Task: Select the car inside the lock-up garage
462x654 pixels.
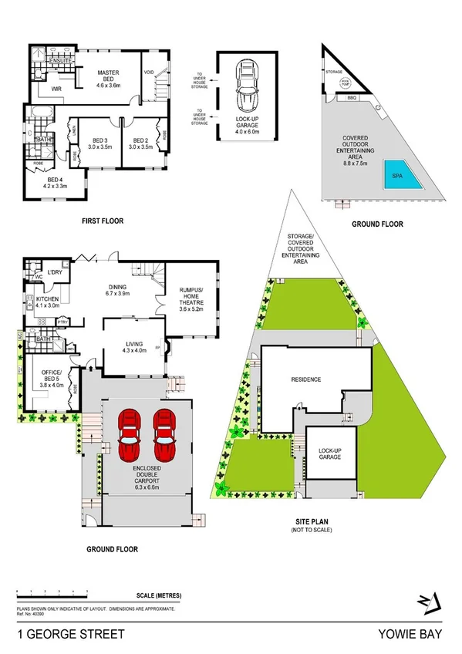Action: (x=248, y=89)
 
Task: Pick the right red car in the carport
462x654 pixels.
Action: (x=164, y=433)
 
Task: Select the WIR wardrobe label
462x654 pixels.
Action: (x=56, y=89)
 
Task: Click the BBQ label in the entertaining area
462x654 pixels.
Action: (x=352, y=99)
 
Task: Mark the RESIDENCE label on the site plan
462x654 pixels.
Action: (x=306, y=379)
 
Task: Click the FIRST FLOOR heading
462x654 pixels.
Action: (x=103, y=221)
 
